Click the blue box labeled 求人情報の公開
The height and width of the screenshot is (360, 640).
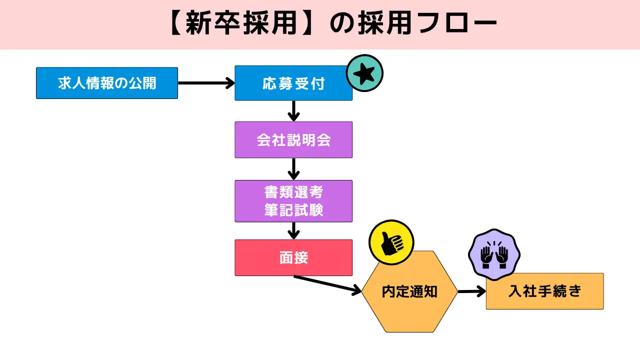coord(106,83)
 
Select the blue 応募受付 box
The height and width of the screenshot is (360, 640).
coord(293,83)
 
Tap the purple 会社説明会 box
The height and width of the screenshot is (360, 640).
coord(293,139)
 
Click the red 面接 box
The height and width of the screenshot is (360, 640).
coord(293,257)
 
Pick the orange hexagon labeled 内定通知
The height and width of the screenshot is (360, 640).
coord(409,291)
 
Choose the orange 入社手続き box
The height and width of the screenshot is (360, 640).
coord(544,291)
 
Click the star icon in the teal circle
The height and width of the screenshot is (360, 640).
coord(364,73)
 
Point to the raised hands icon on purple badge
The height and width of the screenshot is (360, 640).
coord(494,254)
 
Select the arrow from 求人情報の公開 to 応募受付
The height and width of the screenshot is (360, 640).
coord(206,83)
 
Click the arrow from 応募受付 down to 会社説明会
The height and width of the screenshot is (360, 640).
coord(294,110)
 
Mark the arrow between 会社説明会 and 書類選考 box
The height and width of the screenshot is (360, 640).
coord(294,169)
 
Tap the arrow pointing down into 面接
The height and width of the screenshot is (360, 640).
coord(294,230)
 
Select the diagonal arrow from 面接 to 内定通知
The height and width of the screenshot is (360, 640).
coord(327,283)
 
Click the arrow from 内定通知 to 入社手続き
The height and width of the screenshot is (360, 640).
coord(471,291)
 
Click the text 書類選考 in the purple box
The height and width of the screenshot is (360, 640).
coord(293,193)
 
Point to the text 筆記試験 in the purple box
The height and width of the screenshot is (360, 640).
coord(293,209)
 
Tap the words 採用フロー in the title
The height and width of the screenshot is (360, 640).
coord(427,24)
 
